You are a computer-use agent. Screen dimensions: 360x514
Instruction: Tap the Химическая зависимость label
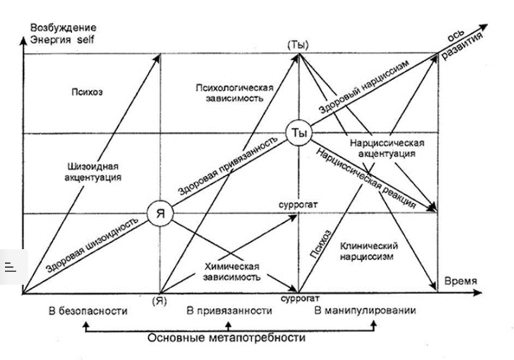[x=232, y=271]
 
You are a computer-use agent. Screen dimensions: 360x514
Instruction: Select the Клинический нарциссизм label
[x=368, y=252]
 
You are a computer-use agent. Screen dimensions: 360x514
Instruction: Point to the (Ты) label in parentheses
[x=298, y=45]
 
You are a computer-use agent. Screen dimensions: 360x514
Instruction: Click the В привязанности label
[x=230, y=310]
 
